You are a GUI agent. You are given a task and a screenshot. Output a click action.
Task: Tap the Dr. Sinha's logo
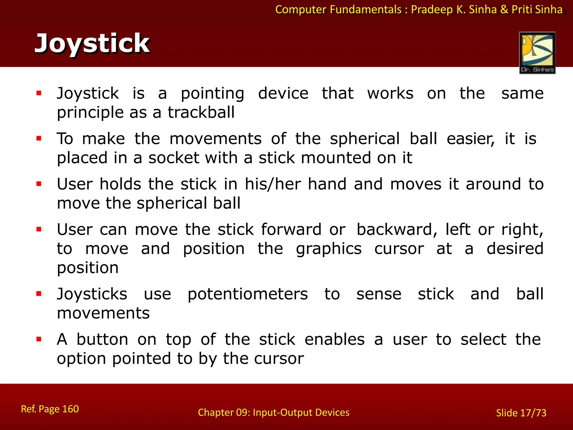(x=537, y=53)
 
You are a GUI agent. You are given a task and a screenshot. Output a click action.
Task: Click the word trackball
(x=201, y=113)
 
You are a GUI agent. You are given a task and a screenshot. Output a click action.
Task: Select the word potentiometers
(x=248, y=295)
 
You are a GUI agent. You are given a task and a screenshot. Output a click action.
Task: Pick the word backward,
(x=397, y=230)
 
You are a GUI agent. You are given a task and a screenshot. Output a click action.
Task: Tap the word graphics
(x=329, y=249)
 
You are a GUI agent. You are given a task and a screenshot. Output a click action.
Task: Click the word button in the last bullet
(x=102, y=340)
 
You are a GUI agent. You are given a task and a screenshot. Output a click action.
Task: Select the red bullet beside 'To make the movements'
(x=39, y=138)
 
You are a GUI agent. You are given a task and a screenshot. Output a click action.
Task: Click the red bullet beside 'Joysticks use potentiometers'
(x=39, y=294)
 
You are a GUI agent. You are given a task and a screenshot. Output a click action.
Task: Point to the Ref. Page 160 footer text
(x=50, y=409)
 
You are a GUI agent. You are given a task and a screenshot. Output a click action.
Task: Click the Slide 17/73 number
(x=521, y=413)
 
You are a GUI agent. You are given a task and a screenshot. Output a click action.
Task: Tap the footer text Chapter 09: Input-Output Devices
(x=273, y=412)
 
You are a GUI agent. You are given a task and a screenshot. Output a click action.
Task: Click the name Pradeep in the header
(x=432, y=10)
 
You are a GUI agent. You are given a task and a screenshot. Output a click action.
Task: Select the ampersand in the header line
(x=504, y=10)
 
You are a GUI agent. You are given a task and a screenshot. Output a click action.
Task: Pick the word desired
(x=515, y=249)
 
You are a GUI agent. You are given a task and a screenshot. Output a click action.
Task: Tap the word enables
(x=335, y=340)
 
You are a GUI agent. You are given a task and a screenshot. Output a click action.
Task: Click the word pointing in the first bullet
(x=213, y=94)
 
